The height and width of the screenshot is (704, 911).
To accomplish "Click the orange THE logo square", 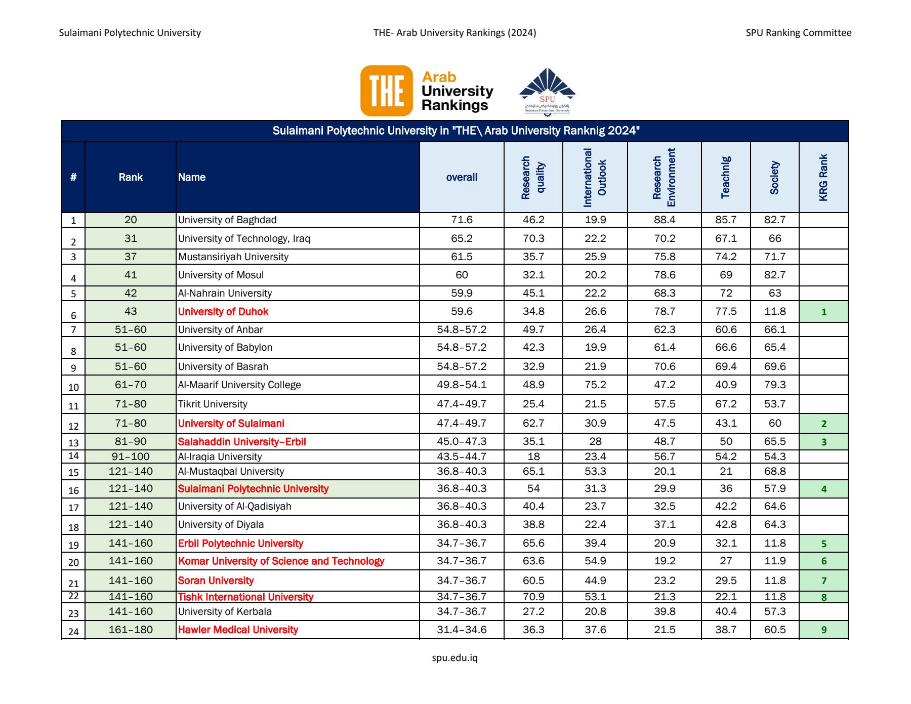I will (x=387, y=91).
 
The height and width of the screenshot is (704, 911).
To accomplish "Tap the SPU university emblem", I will (x=547, y=91).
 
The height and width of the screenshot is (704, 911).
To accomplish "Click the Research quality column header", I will (x=533, y=177).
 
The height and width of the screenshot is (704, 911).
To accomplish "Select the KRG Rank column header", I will (x=823, y=177).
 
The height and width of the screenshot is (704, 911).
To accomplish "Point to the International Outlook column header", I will (x=595, y=177).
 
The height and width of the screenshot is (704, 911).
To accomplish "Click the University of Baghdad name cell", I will (x=227, y=220).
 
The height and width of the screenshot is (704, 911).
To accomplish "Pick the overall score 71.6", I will (x=462, y=220).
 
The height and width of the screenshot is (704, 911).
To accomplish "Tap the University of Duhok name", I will (x=223, y=312).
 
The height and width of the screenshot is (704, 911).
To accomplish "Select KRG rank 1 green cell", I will (x=823, y=312).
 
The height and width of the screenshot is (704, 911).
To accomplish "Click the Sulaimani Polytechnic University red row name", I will (x=253, y=489).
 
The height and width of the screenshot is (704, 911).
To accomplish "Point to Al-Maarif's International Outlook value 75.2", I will (x=595, y=385).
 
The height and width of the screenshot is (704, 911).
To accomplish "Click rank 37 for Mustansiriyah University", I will (x=131, y=257).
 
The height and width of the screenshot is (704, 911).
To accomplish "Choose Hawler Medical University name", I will (x=238, y=630).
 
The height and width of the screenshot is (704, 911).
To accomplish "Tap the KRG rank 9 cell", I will (x=823, y=630).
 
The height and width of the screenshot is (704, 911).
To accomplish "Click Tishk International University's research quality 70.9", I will (x=533, y=597).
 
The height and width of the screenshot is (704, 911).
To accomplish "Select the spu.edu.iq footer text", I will (x=454, y=658).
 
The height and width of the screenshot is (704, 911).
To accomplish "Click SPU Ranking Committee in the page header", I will (x=798, y=33).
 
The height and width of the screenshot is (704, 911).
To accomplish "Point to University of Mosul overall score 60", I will (x=462, y=275).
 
